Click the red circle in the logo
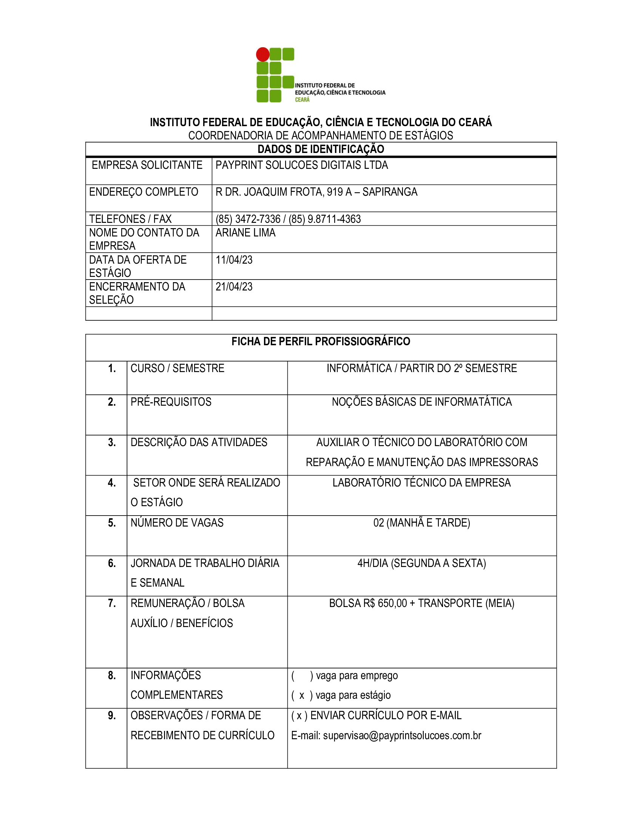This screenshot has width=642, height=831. coord(262,54)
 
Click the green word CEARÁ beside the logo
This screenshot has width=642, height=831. coord(302,100)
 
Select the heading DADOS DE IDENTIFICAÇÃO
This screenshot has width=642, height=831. coord(321,149)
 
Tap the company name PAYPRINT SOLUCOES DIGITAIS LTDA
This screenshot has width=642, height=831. coord(302,165)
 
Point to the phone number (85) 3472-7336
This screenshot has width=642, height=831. coord(248,219)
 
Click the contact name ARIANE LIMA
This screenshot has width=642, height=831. coord(245,233)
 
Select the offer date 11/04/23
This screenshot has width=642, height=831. coord(234,260)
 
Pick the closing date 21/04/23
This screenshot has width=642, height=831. coord(234,287)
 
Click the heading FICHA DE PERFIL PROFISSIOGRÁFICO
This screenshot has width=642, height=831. coord(321,342)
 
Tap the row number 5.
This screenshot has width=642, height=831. coord(112,523)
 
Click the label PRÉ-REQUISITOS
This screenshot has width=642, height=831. coord(171,402)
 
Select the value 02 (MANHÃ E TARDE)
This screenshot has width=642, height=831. coord(421,523)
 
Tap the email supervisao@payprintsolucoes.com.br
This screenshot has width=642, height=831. coord(402,735)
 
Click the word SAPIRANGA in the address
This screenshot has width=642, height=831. coord(390,192)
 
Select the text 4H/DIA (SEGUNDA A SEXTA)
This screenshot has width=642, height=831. coord(421,563)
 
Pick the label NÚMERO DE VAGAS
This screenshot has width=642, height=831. coord(177,523)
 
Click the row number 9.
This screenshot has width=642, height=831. coord(112,716)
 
